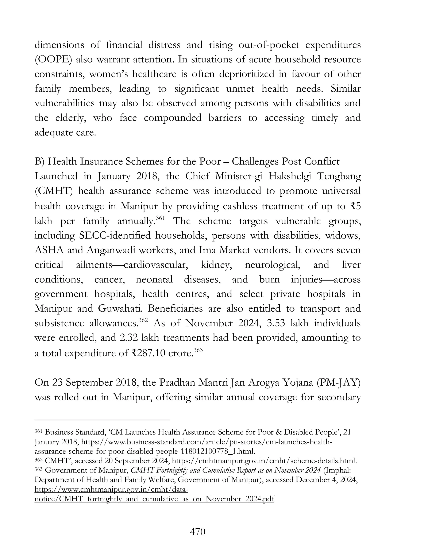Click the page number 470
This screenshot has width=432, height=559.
pos(198,532)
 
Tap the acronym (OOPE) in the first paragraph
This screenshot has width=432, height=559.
pos(53,60)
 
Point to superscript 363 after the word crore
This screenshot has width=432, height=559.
pos(198,350)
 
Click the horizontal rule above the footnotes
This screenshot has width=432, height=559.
pos(102,420)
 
